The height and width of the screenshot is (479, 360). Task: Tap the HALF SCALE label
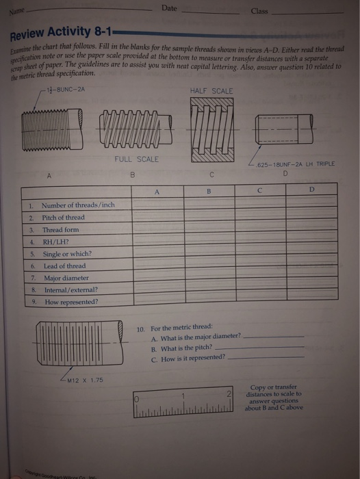tap(214, 90)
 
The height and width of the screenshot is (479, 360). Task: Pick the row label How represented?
tap(70, 301)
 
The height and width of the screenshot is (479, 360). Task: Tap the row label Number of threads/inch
tap(77, 205)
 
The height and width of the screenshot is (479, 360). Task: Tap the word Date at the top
tap(170, 8)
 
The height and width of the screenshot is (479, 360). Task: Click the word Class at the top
tap(259, 11)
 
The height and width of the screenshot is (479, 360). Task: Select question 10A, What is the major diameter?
tap(196, 336)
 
